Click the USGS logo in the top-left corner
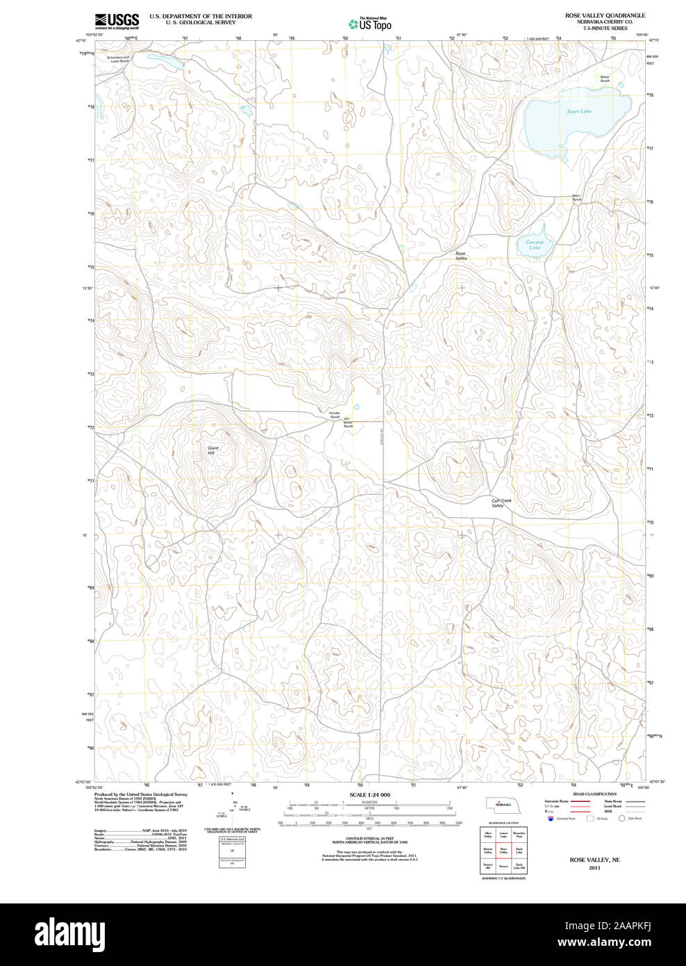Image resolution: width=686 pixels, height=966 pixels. click(117, 21)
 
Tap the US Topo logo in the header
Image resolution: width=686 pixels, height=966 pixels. click(370, 24)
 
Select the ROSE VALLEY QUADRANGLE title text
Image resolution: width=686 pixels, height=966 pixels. click(604, 15)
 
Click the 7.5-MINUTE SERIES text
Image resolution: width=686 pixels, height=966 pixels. click(604, 28)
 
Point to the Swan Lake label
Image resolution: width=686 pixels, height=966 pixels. click(578, 111)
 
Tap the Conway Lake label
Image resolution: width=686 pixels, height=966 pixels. click(535, 245)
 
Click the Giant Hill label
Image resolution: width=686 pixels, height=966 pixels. click(213, 450)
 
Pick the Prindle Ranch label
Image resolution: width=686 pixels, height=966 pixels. click(335, 414)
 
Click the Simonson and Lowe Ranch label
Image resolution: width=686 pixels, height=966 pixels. click(119, 60)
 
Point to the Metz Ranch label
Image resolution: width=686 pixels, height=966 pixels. click(576, 197)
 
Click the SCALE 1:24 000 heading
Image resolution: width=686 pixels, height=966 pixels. click(369, 794)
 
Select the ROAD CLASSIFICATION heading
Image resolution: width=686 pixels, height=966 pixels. click(594, 794)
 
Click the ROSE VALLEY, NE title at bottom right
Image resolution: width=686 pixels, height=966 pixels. click(594, 860)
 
